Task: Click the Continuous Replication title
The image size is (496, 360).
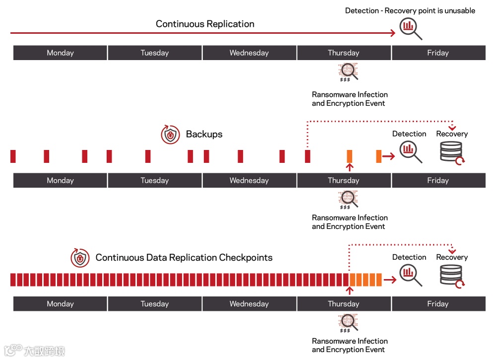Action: coord(205,24)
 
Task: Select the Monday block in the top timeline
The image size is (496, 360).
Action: coord(60,53)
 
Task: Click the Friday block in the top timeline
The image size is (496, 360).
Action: coord(438,53)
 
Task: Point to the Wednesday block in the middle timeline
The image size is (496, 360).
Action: coord(249,180)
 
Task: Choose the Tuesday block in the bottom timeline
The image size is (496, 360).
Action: coord(154,303)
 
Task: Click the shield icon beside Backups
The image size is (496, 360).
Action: coord(170,135)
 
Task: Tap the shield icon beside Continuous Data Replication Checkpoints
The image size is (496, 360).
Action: coord(80,258)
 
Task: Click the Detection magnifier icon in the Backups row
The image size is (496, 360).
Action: coord(410,151)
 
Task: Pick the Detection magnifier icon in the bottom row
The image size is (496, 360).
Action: coord(410,275)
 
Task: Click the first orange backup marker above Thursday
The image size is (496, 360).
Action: coord(350,156)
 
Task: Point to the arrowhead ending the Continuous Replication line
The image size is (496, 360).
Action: coord(393,33)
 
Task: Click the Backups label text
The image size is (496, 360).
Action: coord(204,134)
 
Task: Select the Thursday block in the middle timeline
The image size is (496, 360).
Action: coord(343,180)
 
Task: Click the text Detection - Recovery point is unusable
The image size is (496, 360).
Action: coord(410,10)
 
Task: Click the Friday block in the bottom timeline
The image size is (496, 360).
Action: coord(438,303)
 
